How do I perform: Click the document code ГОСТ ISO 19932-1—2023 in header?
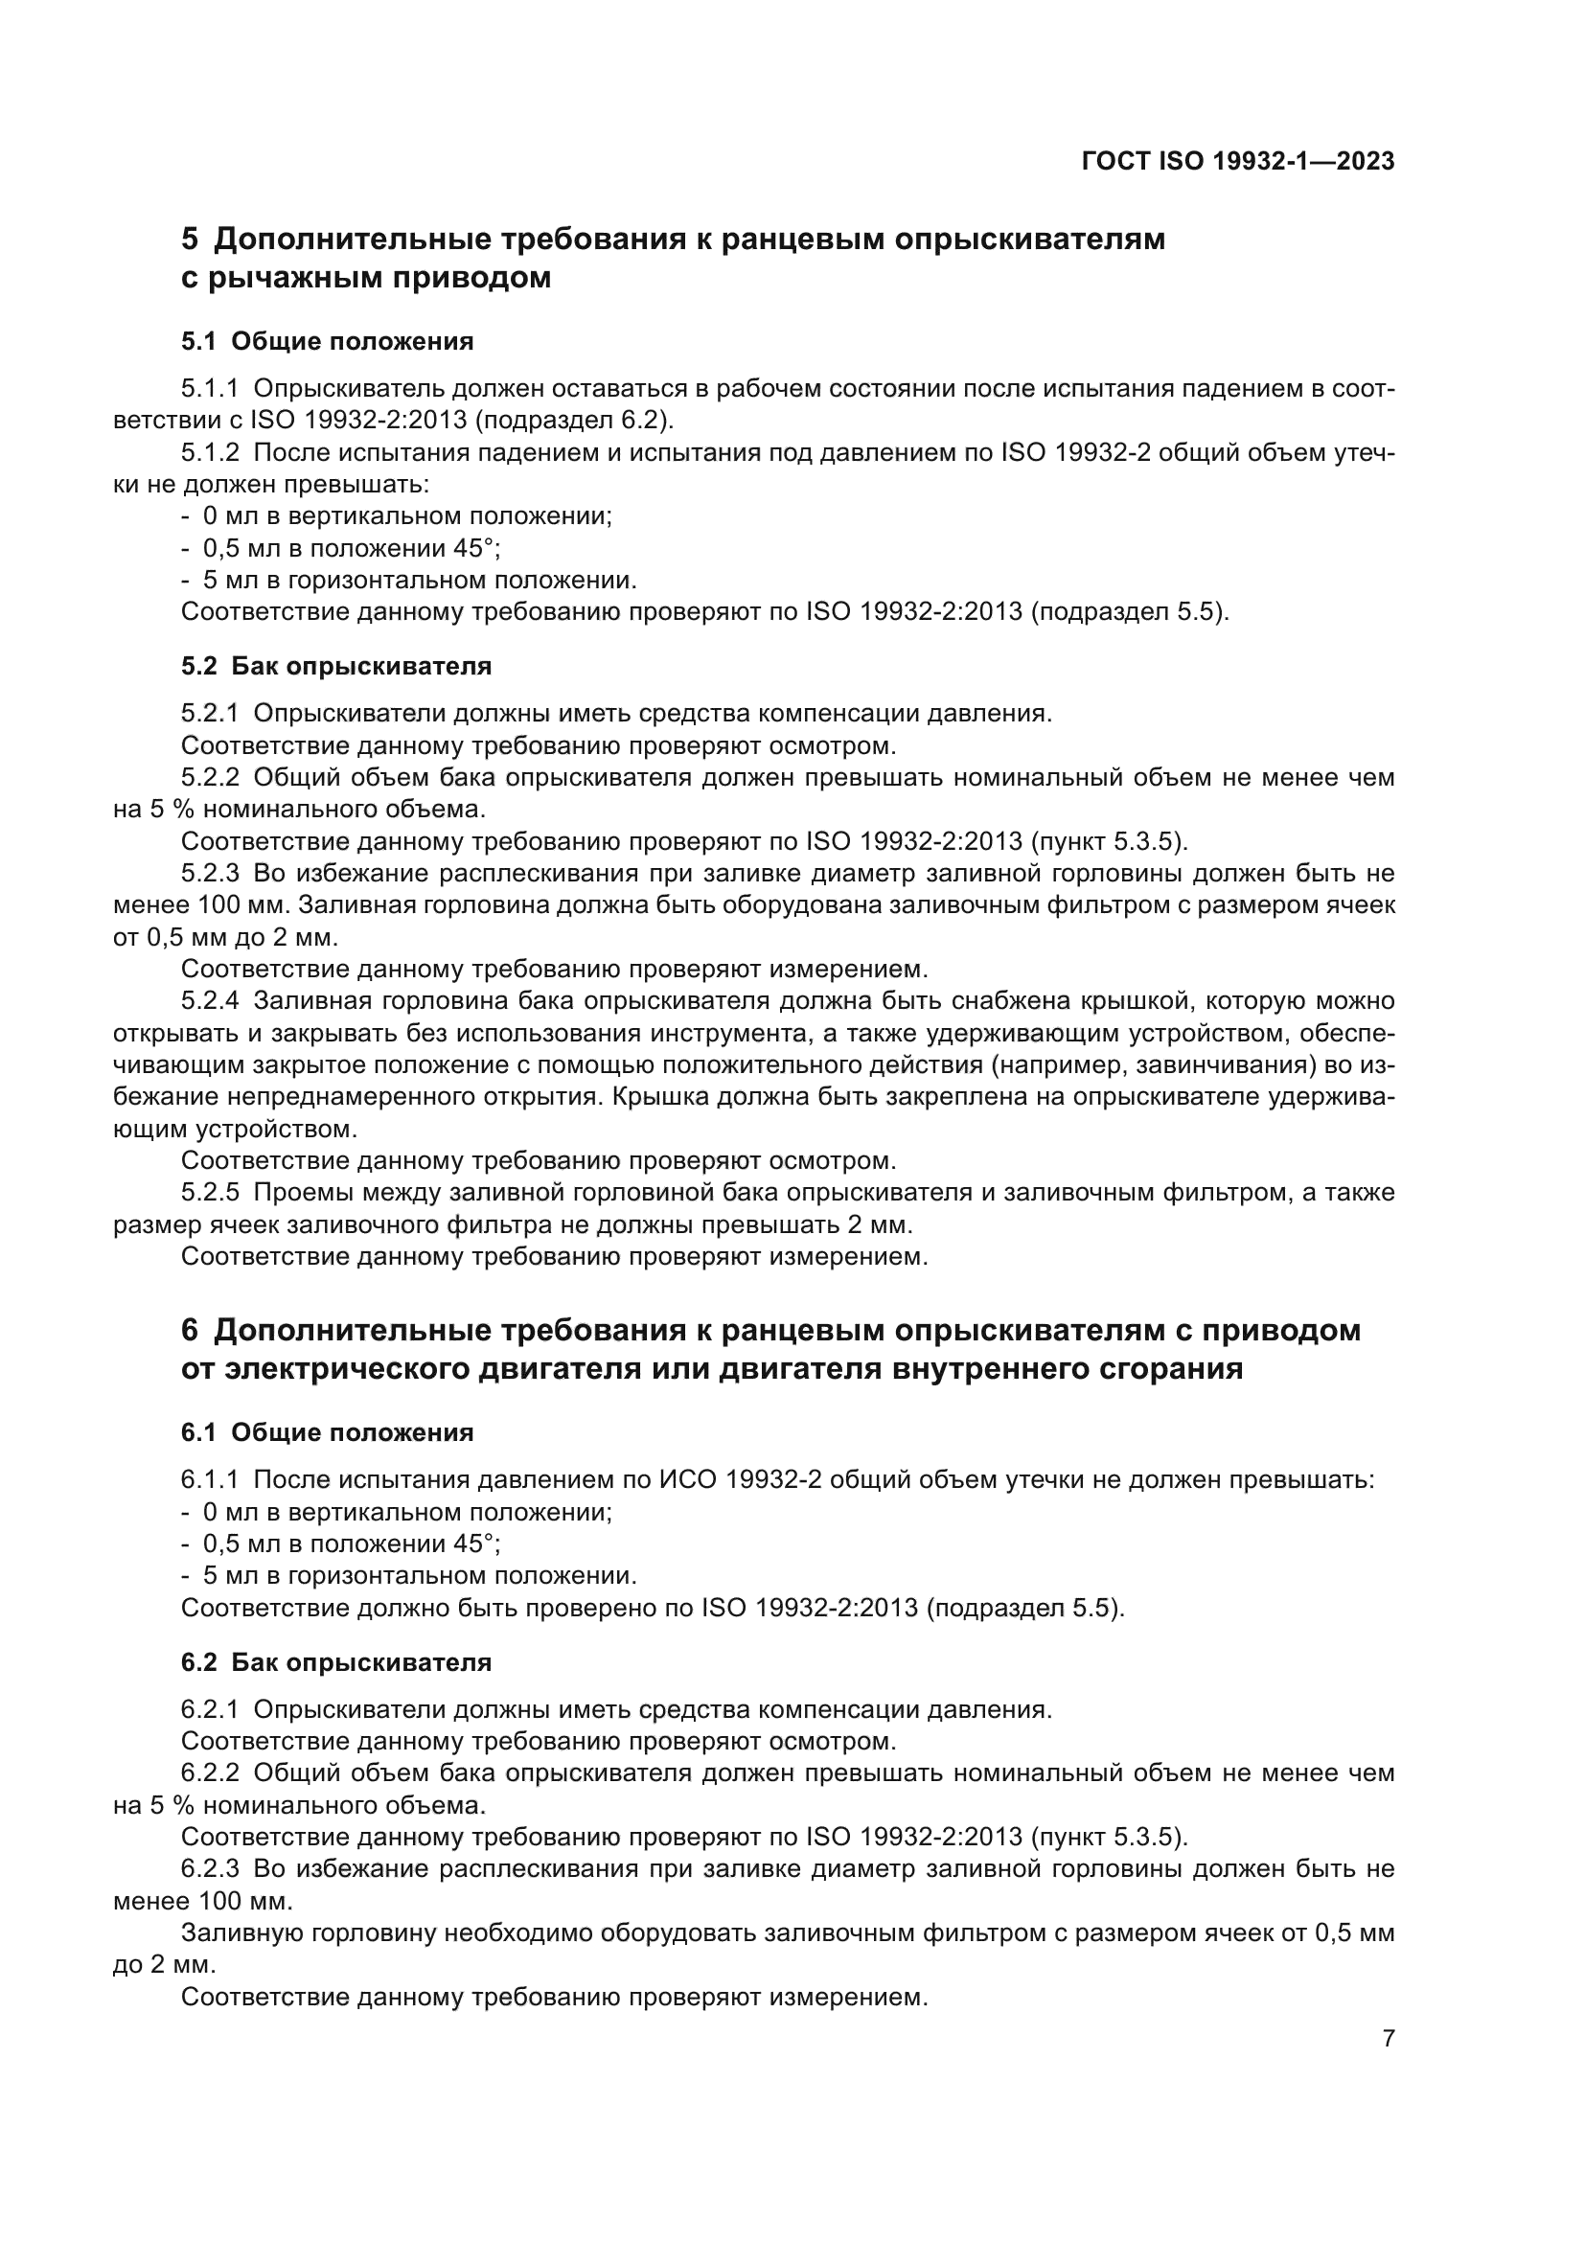click(1237, 161)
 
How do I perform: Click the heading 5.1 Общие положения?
click(327, 342)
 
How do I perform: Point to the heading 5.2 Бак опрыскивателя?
click(335, 667)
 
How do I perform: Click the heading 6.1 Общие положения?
click(327, 1432)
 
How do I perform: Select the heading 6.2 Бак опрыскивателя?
click(335, 1662)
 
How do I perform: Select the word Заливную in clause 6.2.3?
click(241, 1932)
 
